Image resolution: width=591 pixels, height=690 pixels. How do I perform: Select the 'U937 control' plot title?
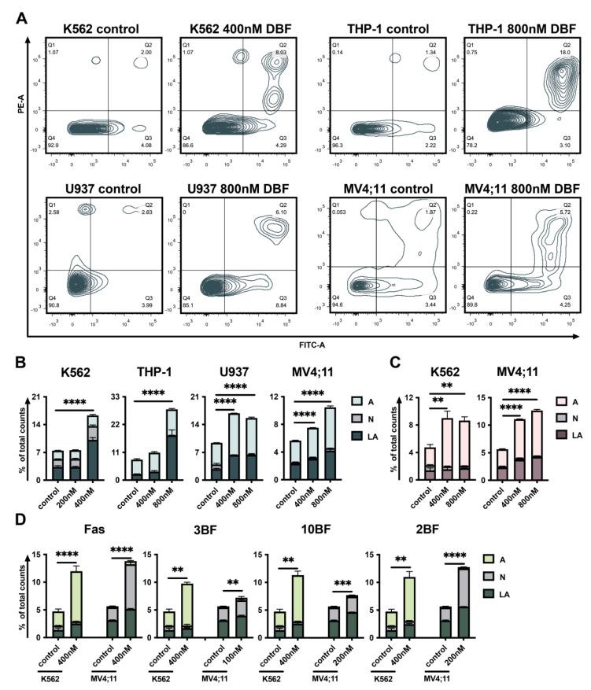pyautogui.click(x=93, y=189)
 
